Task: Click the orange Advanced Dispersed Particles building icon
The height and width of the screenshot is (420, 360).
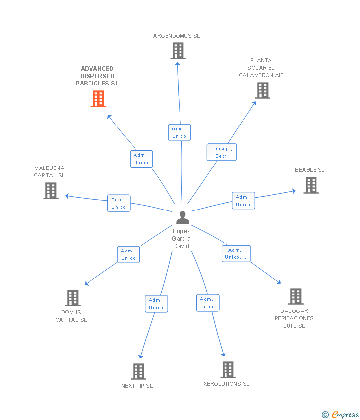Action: pos(99,99)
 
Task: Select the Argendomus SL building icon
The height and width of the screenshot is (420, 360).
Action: pos(178,51)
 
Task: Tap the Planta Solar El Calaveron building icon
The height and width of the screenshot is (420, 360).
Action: pos(263,90)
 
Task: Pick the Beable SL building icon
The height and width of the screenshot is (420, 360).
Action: pos(311,185)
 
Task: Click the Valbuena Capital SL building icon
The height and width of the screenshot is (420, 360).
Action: pos(51,191)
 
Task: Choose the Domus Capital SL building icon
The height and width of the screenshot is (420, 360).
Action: pos(73,298)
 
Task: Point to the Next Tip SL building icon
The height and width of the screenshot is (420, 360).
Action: pos(138,372)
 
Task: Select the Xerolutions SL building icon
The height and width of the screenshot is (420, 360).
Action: pos(227,370)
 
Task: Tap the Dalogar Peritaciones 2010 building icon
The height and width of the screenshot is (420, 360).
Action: pos(296,296)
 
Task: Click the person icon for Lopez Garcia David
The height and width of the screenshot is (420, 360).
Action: pos(182,218)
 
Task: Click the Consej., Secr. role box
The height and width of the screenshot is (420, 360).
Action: pos(222,152)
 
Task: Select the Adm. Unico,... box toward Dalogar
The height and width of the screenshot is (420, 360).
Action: pos(236,253)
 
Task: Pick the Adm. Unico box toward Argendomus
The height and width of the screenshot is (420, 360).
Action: pos(179,132)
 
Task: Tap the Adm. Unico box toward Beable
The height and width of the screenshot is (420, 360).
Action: pos(243,201)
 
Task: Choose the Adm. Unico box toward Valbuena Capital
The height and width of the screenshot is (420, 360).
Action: pos(119,203)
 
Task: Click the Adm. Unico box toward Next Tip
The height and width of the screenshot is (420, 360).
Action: pos(156,304)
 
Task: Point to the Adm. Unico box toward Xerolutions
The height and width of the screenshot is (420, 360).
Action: pos(208,303)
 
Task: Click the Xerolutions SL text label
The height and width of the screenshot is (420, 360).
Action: pos(226,384)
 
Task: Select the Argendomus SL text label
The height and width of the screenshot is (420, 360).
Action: pos(177,36)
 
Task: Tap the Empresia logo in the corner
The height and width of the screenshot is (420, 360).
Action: pos(341,414)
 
